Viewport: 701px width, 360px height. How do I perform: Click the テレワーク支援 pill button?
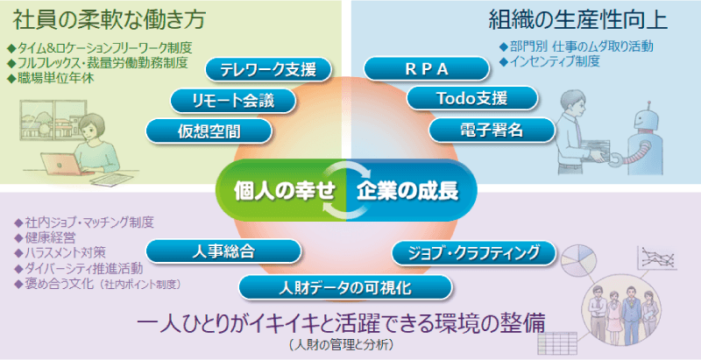click(269, 70)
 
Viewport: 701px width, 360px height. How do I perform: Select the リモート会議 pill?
click(233, 101)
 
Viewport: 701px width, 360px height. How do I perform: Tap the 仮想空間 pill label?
click(209, 131)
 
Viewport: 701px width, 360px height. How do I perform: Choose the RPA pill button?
click(427, 69)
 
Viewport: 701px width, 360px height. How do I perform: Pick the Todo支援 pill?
click(472, 98)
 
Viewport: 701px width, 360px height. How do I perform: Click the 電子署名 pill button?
click(492, 130)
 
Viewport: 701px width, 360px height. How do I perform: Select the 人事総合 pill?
click(223, 251)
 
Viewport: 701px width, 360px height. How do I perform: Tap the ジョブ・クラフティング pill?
click(474, 253)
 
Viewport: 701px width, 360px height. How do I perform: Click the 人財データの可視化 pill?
click(345, 287)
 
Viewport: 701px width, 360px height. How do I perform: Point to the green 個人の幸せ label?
click(284, 191)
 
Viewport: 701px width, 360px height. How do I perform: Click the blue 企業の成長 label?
click(407, 191)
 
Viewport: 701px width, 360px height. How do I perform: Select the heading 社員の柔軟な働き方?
click(109, 19)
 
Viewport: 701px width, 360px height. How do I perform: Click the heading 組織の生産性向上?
click(578, 20)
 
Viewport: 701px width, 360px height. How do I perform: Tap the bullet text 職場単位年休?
click(56, 78)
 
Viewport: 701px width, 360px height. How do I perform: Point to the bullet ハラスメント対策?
click(65, 252)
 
